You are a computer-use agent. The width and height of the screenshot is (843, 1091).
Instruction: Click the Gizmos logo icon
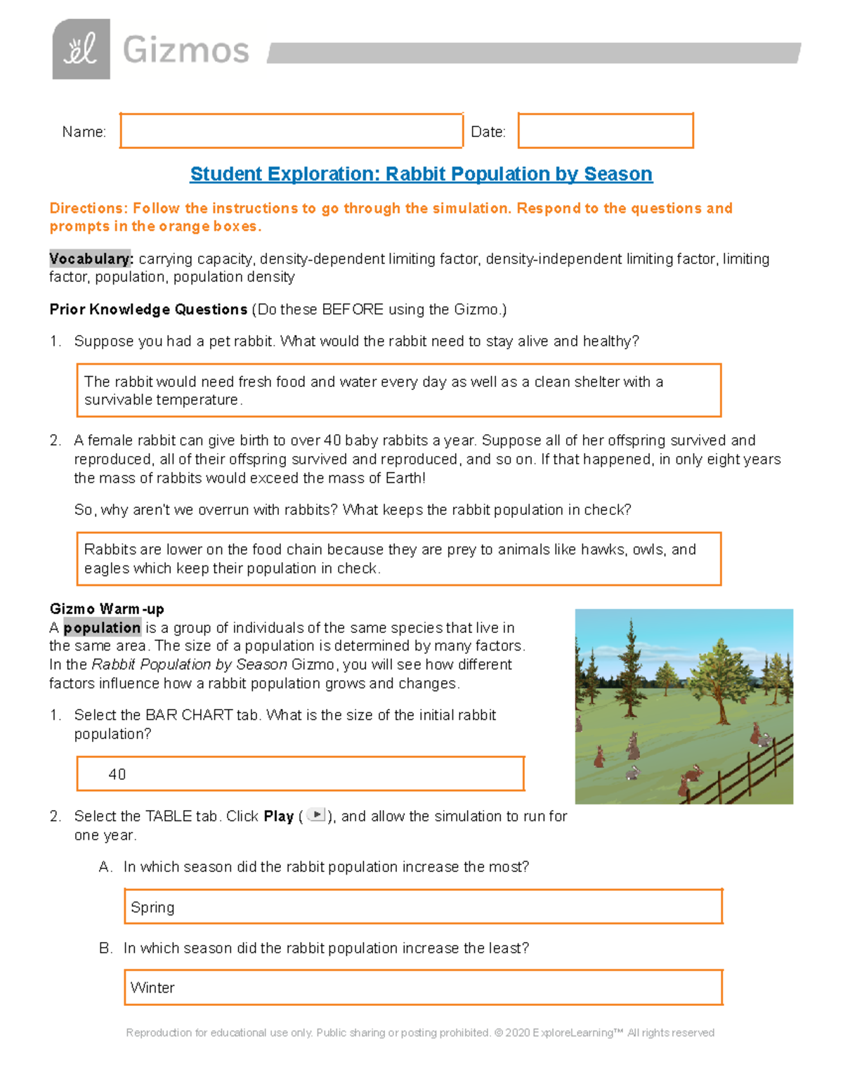81,49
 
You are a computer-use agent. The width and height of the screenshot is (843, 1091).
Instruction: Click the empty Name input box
291,131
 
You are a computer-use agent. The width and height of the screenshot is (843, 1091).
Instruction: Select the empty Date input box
606,131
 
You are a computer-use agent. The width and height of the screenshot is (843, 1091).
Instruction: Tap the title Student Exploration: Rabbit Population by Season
421,174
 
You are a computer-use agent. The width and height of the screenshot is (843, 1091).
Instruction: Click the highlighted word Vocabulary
90,259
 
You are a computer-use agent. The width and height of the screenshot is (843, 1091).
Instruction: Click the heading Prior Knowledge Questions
148,309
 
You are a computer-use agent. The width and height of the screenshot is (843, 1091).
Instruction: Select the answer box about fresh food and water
398,391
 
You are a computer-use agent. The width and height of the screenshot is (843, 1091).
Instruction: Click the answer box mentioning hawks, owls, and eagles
398,558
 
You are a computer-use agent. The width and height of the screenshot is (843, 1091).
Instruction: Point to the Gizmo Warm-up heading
107,608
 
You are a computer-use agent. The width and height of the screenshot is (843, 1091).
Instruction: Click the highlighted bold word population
103,627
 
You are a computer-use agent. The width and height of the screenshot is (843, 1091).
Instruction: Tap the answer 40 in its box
117,774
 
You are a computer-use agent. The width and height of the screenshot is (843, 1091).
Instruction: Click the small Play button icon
317,815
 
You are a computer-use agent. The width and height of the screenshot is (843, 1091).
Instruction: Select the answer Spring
152,907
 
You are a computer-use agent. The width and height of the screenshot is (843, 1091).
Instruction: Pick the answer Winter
152,988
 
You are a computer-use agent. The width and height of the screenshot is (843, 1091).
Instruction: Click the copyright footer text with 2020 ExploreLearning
420,1033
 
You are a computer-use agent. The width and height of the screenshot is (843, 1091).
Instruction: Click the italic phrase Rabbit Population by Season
189,665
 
